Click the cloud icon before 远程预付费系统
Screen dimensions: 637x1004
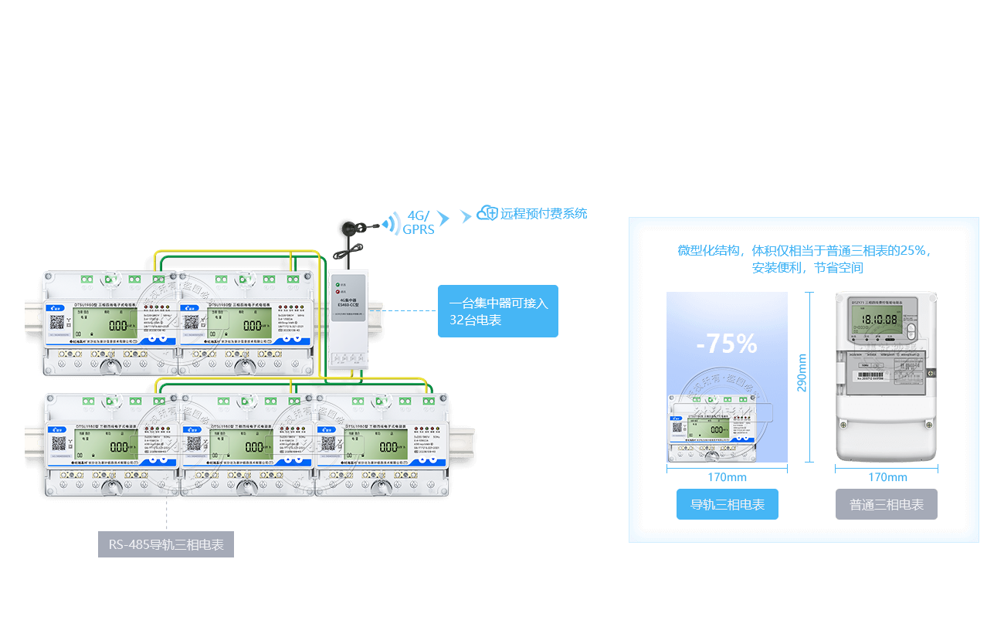click(487, 213)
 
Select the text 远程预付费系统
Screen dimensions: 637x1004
click(544, 214)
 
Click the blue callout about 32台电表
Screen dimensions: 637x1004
click(498, 311)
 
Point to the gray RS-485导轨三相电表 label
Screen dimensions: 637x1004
click(166, 545)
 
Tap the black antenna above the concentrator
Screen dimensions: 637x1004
click(345, 232)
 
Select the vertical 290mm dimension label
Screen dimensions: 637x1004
click(802, 372)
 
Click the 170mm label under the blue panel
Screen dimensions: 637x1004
click(727, 477)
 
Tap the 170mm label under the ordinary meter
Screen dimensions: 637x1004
click(887, 477)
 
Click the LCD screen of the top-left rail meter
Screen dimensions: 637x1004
click(117, 324)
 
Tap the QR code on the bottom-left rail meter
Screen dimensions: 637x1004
click(59, 444)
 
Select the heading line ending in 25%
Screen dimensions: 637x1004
click(804, 251)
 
